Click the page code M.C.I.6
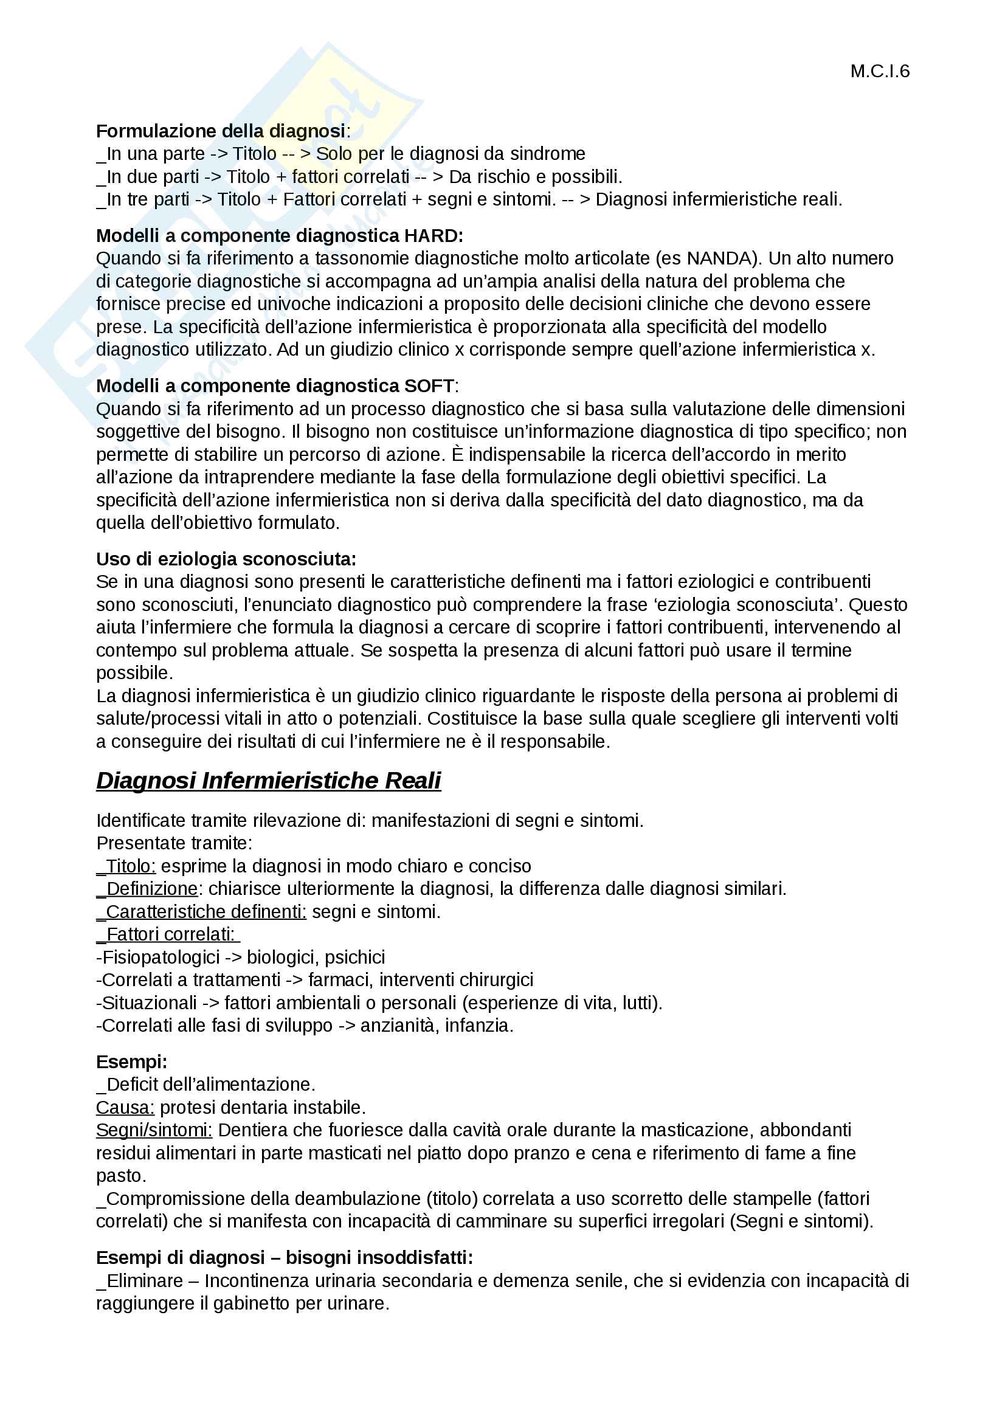[x=879, y=72]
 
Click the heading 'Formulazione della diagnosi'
[x=221, y=131]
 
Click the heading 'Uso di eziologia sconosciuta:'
[x=226, y=559]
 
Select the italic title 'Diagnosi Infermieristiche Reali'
[x=268, y=781]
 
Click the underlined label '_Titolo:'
[x=126, y=866]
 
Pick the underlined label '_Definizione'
[x=147, y=889]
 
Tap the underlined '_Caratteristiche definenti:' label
[x=201, y=912]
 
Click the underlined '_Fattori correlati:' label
[x=167, y=934]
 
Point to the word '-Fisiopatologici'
[x=158, y=958]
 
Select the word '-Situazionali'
[x=147, y=1003]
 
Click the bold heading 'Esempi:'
[x=131, y=1062]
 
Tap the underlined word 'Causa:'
[x=125, y=1107]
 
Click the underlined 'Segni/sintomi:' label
[x=154, y=1130]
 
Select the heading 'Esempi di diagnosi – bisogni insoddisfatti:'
[x=284, y=1258]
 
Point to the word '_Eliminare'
[x=140, y=1281]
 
